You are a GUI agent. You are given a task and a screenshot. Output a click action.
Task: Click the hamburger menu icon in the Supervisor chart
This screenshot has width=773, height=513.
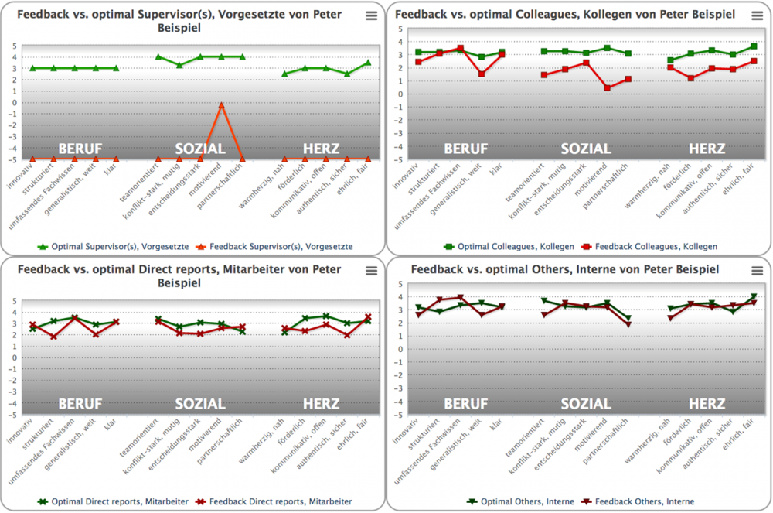372,15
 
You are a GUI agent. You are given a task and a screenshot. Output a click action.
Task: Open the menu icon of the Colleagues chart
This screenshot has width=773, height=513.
757,15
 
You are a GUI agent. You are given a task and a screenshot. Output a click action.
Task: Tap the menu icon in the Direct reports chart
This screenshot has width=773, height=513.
372,271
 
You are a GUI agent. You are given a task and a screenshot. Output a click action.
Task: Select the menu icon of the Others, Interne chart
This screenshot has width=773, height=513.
757,271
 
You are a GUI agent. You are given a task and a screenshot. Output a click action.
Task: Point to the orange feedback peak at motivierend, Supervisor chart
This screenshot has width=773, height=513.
221,105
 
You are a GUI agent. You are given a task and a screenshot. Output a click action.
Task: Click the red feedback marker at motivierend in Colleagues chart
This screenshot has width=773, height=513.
608,88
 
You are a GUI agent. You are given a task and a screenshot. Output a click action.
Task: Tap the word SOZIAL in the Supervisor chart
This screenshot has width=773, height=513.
200,149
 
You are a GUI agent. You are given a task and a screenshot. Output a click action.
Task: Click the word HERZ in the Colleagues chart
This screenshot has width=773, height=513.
707,149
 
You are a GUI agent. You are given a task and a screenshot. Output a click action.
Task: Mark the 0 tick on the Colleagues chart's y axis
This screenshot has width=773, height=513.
399,94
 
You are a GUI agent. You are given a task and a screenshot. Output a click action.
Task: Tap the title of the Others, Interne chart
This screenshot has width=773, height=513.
565,270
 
